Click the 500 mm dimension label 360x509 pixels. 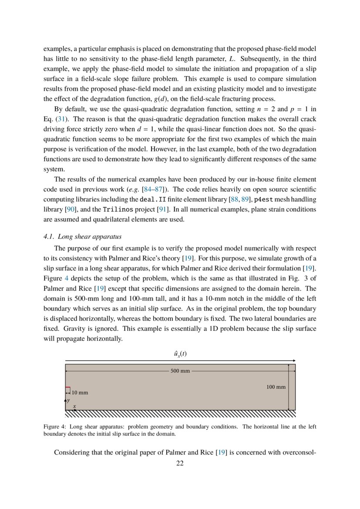[x=180, y=371]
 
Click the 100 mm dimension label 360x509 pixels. [x=276, y=387]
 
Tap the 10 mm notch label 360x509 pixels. [x=80, y=392]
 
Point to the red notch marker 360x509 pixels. [x=67, y=388]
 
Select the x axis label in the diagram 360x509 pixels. [x=74, y=406]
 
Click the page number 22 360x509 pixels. [x=180, y=463]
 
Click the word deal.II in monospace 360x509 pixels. [x=153, y=199]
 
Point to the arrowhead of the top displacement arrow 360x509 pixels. [x=295, y=361]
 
